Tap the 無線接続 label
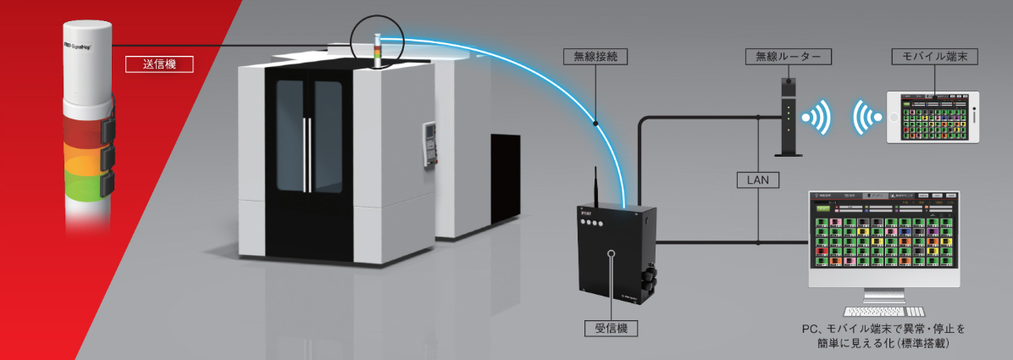click(596, 58)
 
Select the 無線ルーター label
click(787, 58)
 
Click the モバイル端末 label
click(935, 58)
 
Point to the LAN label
click(758, 180)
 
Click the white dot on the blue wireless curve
click(596, 123)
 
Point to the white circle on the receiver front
click(610, 253)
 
